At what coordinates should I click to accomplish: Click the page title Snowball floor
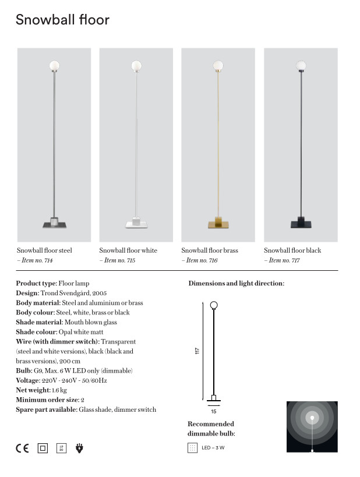point(62,20)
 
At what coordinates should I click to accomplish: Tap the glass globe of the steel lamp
point(55,66)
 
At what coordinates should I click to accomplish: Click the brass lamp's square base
point(218,223)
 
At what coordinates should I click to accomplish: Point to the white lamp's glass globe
point(136,65)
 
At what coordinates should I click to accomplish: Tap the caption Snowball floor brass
point(210,250)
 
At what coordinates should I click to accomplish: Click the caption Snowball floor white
point(128,250)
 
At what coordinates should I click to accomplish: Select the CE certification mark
point(22,448)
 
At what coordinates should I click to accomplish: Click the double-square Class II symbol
point(42,448)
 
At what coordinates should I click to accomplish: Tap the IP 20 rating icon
point(61,448)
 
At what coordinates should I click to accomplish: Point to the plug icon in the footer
point(80,448)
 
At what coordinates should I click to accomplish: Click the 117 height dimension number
point(197,351)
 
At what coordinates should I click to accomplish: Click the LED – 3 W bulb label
point(213,448)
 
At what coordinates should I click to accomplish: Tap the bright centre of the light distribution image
point(312,418)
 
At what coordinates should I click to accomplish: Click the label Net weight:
point(33,390)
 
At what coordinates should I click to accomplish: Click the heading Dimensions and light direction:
point(236,284)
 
